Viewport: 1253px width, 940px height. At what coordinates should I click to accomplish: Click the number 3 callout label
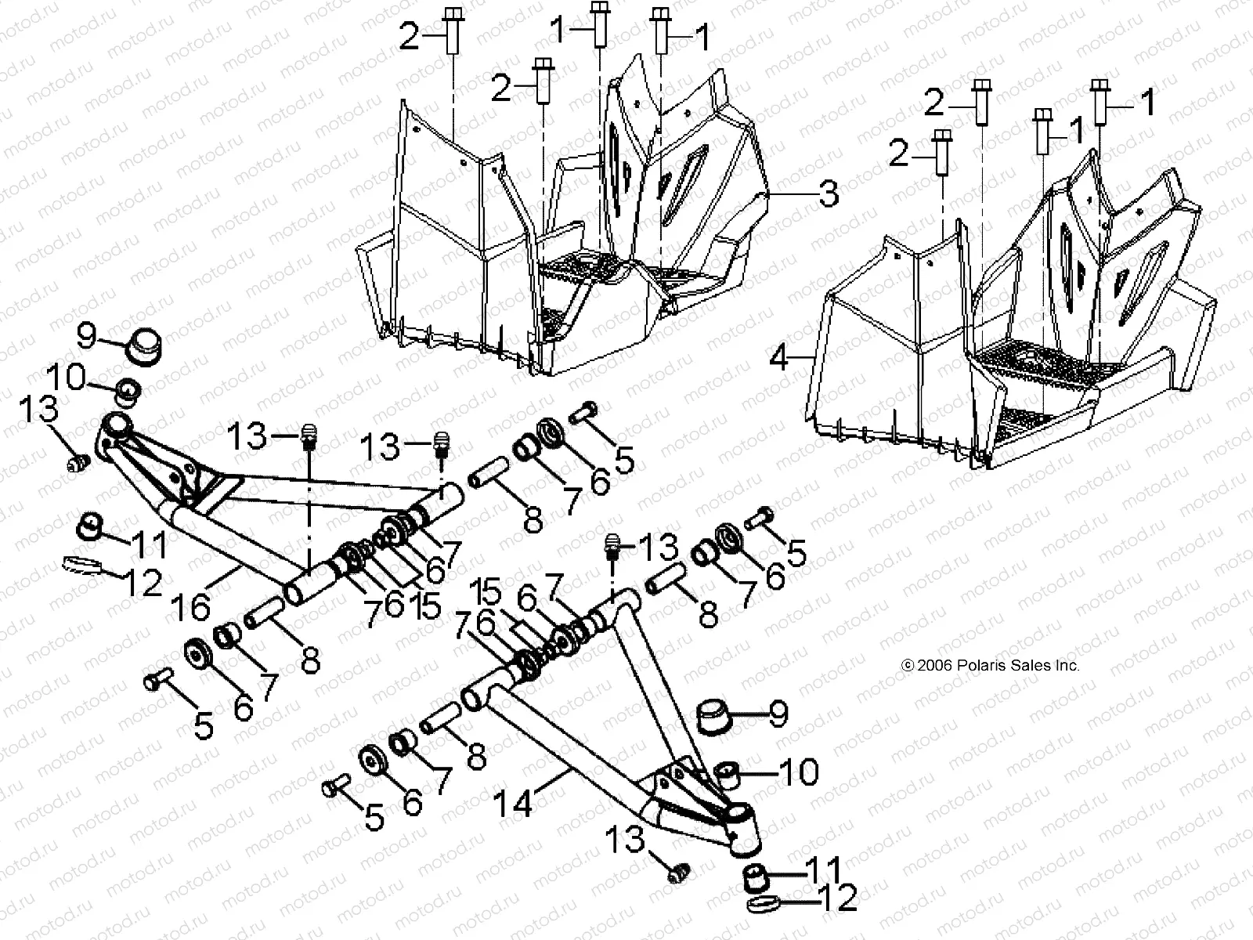pyautogui.click(x=829, y=193)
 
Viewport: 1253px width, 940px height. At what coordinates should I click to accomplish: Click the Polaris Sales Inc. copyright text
pyautogui.click(x=991, y=665)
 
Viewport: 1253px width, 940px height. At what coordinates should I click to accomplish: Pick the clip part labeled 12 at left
pyautogui.click(x=81, y=564)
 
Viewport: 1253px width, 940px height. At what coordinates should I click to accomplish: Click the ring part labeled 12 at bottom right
pyautogui.click(x=763, y=906)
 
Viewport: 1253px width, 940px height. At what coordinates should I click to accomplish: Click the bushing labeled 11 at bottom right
pyautogui.click(x=756, y=874)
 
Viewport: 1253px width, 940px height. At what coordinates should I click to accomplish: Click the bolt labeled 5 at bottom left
pyautogui.click(x=156, y=681)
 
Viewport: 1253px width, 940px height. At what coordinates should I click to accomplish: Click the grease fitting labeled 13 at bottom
pyautogui.click(x=677, y=871)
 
